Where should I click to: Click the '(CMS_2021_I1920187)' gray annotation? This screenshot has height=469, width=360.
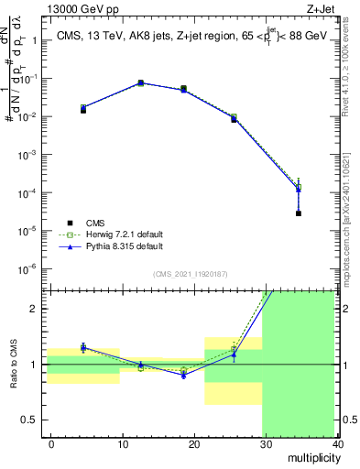(x=189, y=272)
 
